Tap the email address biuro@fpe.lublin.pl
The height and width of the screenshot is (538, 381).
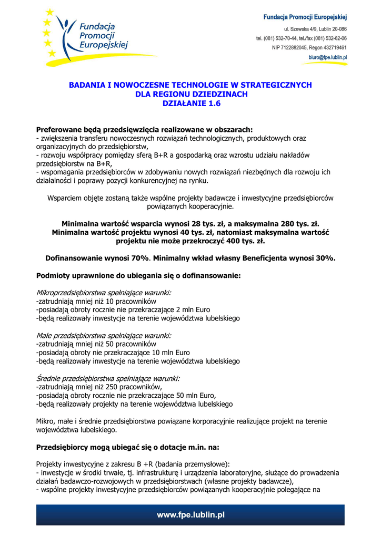click(327, 57)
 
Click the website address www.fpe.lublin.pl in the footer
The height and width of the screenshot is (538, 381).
click(190, 515)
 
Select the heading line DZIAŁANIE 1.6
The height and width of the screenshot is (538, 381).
click(190, 104)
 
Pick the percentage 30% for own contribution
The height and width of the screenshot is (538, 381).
click(325, 258)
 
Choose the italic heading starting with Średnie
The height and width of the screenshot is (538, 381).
click(107, 378)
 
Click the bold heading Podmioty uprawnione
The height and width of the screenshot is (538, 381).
click(138, 275)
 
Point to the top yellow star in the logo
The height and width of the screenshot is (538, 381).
click(49, 12)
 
